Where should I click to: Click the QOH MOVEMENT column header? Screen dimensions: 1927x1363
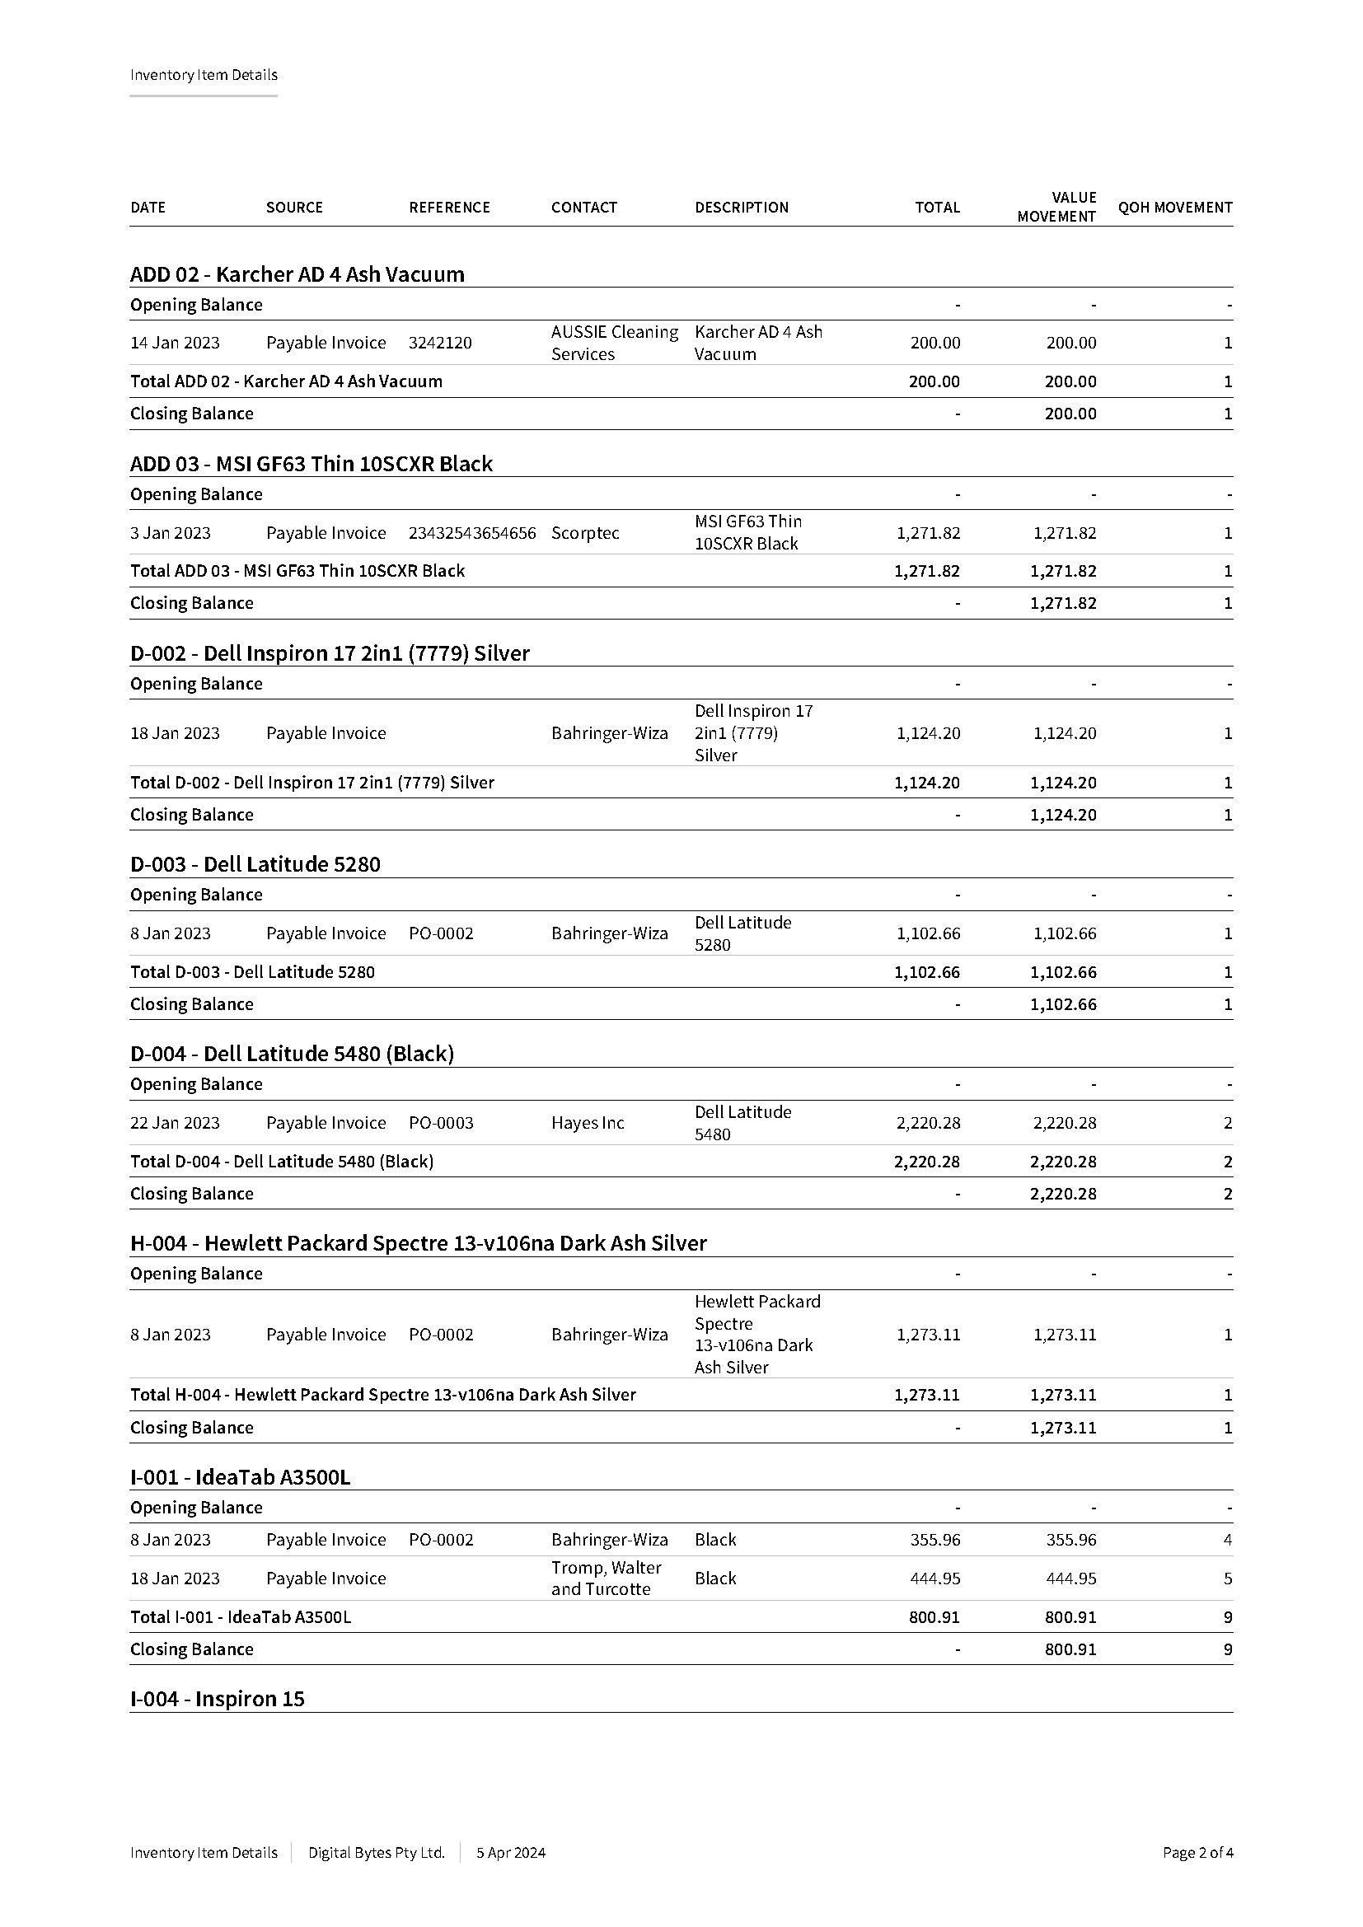[1174, 208]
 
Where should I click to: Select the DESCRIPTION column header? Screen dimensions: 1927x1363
[741, 208]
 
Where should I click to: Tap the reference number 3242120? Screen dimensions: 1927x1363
[440, 343]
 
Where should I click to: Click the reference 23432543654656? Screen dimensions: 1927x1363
[471, 533]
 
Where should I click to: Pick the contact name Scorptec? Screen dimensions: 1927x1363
[585, 533]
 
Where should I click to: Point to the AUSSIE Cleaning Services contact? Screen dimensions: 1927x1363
[615, 343]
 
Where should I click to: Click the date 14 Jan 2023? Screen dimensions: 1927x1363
[175, 343]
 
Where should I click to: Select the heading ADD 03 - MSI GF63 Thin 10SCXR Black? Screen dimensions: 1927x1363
[311, 464]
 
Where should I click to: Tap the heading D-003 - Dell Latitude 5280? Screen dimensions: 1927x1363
[255, 864]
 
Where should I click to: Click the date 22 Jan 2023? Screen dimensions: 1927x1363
[175, 1123]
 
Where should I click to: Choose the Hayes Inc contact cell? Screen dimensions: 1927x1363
[588, 1123]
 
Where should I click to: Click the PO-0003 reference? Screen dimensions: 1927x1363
[441, 1123]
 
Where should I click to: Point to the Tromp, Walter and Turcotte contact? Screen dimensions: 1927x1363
[606, 1578]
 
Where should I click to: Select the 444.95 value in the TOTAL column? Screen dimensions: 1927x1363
[935, 1579]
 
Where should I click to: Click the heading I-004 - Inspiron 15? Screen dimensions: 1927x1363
[217, 1699]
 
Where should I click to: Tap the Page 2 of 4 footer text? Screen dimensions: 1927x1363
[1197, 1852]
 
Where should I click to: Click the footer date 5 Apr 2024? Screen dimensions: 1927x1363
[510, 1852]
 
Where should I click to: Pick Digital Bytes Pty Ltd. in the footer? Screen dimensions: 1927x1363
[376, 1852]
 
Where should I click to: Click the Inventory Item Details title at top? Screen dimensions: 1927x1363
[203, 75]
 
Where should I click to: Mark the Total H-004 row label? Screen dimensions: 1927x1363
[382, 1395]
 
